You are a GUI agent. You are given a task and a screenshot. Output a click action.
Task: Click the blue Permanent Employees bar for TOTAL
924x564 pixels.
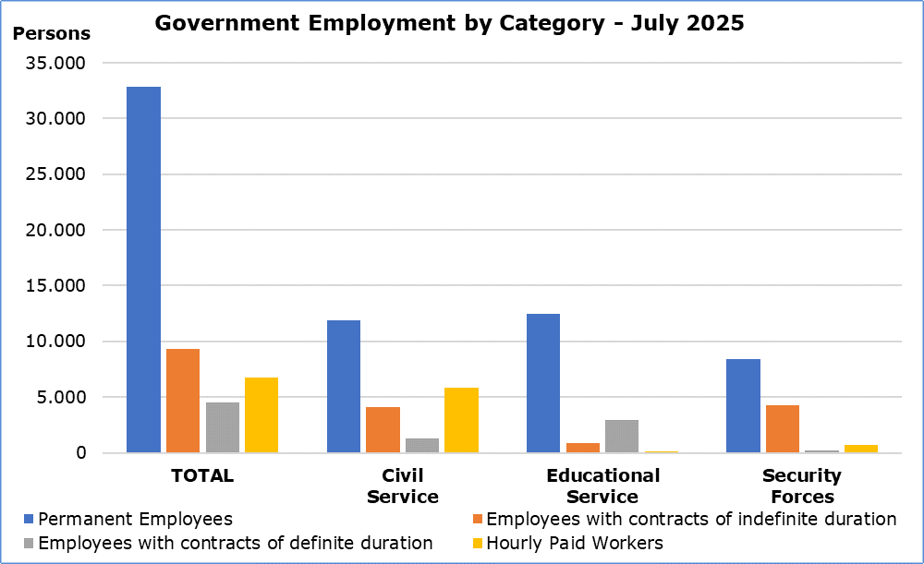(x=143, y=270)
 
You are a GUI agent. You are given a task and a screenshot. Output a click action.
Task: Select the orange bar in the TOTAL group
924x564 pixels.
(x=183, y=401)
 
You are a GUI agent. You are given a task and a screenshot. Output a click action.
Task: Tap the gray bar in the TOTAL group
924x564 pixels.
(x=223, y=427)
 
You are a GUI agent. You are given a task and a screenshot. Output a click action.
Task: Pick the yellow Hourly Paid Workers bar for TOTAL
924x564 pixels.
(x=261, y=415)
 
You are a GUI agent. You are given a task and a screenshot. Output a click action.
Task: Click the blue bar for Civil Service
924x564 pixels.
(x=344, y=386)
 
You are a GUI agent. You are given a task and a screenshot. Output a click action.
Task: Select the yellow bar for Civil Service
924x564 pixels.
(x=461, y=420)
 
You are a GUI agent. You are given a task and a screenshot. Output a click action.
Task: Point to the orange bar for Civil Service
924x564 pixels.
(x=383, y=430)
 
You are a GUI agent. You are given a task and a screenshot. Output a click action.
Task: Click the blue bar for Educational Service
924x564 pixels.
(x=543, y=383)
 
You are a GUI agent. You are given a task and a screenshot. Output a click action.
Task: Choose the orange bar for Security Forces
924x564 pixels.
(x=783, y=429)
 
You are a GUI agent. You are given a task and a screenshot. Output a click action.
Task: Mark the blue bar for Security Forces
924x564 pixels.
(x=744, y=406)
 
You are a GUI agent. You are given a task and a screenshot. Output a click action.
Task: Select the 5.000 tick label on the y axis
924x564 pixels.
(x=62, y=398)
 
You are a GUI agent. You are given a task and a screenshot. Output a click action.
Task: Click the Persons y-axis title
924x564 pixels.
(x=52, y=34)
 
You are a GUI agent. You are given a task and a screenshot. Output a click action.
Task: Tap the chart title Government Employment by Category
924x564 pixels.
(x=449, y=23)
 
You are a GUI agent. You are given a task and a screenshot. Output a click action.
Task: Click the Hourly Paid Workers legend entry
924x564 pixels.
(x=574, y=543)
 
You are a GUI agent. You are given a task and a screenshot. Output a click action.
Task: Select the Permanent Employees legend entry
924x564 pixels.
(x=135, y=519)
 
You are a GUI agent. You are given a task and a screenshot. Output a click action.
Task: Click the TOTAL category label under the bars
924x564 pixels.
(x=202, y=476)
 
